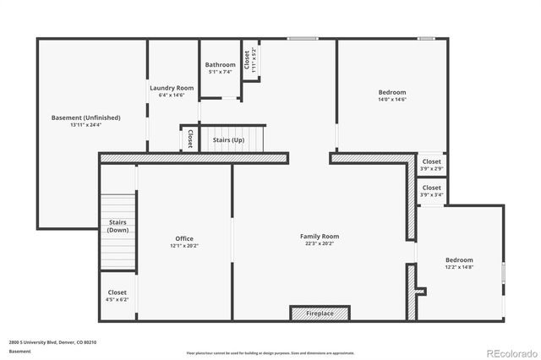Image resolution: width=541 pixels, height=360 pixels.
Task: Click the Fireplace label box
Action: pos(320,314)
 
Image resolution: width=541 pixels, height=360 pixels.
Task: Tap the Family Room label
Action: pos(320,236)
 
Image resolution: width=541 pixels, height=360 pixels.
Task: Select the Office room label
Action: pos(185,239)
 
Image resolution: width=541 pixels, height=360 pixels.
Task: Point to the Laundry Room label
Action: pos(172,88)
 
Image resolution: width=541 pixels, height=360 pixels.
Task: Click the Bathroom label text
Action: pos(220,65)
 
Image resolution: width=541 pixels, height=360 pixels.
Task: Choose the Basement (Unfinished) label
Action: pos(86,117)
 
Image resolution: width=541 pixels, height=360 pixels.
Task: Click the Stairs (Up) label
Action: pos(228,139)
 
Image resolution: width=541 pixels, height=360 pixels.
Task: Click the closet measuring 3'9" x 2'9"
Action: pos(431,164)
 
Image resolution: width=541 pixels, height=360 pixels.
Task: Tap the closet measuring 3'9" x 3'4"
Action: pos(431,191)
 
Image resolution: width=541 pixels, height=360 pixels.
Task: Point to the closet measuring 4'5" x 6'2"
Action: pos(117,295)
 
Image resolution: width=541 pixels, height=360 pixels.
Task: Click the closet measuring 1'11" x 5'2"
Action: pos(250,60)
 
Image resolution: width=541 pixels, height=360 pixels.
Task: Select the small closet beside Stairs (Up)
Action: pos(190,138)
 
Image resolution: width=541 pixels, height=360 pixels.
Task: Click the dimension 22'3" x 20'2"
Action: pos(320,243)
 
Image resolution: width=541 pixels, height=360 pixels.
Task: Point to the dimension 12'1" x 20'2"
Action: pos(185,246)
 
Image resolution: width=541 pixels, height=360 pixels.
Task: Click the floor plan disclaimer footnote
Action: pos(270,352)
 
